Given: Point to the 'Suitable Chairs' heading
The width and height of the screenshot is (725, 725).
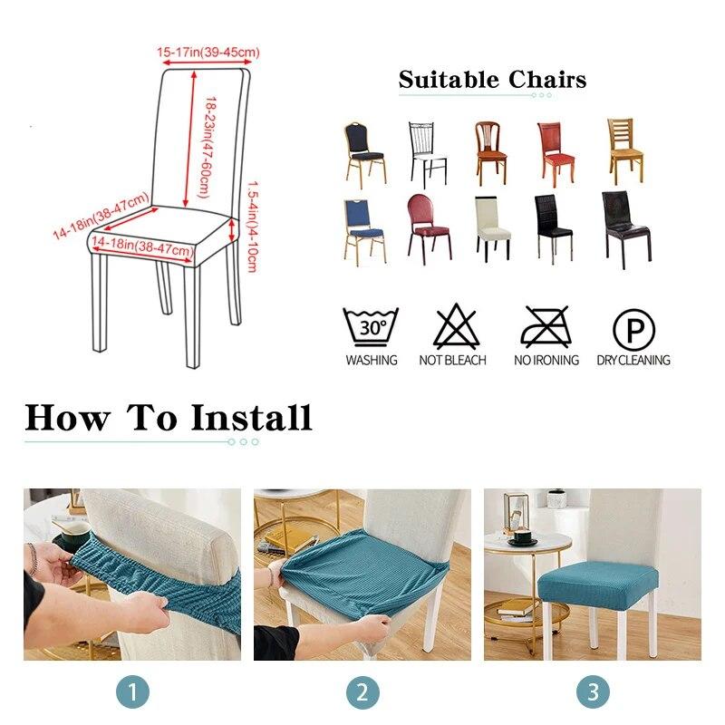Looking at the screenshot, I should tap(492, 80).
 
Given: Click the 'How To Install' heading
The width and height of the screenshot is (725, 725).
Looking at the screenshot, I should tap(169, 418).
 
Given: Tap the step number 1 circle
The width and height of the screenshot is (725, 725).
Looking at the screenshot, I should tap(132, 693).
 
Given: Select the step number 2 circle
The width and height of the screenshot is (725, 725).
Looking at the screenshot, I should tap(362, 693).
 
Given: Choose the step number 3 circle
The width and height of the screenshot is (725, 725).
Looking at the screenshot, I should tap(593, 693).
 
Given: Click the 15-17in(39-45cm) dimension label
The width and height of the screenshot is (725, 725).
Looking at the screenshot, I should tap(208, 53).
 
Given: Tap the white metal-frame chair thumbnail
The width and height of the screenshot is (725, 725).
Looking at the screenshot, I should tap(427, 154).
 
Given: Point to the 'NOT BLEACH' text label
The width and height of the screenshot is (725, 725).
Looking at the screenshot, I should tap(453, 360).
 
